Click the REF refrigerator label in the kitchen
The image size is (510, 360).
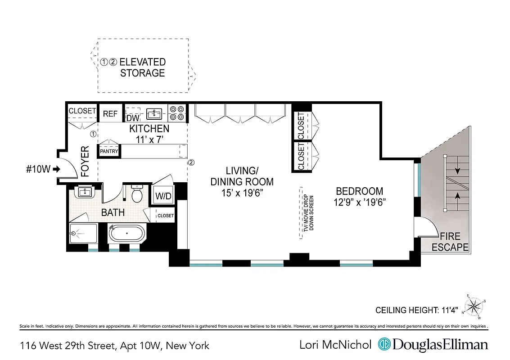click(110, 114)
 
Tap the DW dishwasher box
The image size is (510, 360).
click(132, 118)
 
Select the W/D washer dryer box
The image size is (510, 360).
click(162, 196)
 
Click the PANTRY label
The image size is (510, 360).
click(109, 152)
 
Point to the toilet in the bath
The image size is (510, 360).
click(137, 194)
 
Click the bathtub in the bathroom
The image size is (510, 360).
click(127, 234)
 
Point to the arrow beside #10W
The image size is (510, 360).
click(56, 169)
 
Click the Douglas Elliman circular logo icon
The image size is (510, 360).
click(384, 345)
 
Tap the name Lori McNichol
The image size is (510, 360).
click(335, 345)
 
